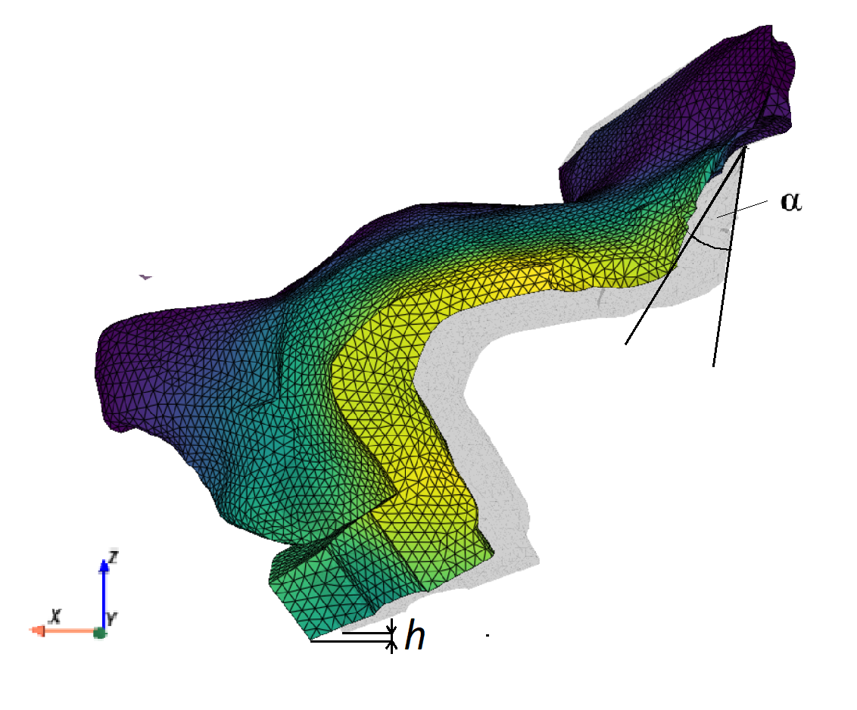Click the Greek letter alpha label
coord(791,201)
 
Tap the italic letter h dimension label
coord(415,635)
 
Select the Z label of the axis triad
coord(113,557)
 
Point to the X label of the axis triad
coord(55,616)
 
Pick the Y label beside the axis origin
coord(111,618)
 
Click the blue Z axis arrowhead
coord(104,565)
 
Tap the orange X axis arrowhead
coord(37,631)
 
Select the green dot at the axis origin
coord(99,633)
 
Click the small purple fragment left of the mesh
coord(145,277)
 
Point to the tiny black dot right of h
coord(488,635)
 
